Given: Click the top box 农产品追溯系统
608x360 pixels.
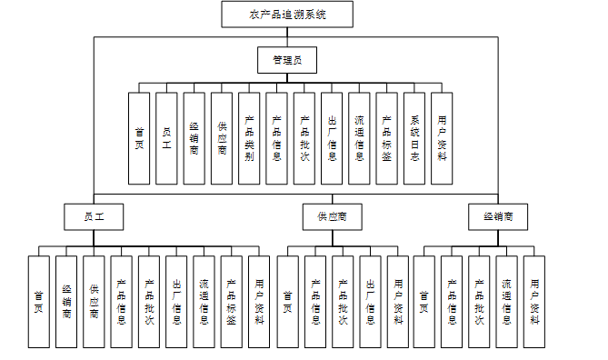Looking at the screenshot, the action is pos(287,15).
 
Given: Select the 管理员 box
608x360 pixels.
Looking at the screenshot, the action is pos(287,60).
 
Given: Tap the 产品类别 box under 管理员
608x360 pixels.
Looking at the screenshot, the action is pos(249,138).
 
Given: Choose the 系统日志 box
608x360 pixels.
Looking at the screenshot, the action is pos(414,138).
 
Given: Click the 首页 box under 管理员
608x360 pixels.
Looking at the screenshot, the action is pos(139,138).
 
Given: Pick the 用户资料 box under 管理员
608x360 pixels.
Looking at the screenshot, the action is pos(442,138).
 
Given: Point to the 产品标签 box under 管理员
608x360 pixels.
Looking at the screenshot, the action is pos(386,138).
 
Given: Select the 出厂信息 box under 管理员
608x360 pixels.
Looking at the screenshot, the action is pos(332,138).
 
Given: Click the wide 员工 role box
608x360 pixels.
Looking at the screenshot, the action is pos(94,217).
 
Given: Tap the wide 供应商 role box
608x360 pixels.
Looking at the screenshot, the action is pos(333,217).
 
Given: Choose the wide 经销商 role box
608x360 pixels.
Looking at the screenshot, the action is pos(498,217).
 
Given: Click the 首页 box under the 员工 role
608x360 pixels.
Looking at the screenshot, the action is pos(39,302).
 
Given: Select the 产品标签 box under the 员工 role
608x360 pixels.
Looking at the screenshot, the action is pos(232,302).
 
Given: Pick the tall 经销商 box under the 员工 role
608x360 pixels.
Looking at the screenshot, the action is pos(66,302).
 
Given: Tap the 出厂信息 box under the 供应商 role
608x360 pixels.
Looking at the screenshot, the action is pos(370,302).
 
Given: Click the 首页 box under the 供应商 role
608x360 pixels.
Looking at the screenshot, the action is pos(288,302).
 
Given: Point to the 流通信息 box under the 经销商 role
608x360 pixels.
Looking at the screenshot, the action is pos(506,302).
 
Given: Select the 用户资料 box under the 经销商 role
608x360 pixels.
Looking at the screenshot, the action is pos(534,302).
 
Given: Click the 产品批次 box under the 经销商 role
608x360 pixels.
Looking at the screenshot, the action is pos(479,302).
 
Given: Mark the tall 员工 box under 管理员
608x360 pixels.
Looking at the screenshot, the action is pos(166,138).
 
